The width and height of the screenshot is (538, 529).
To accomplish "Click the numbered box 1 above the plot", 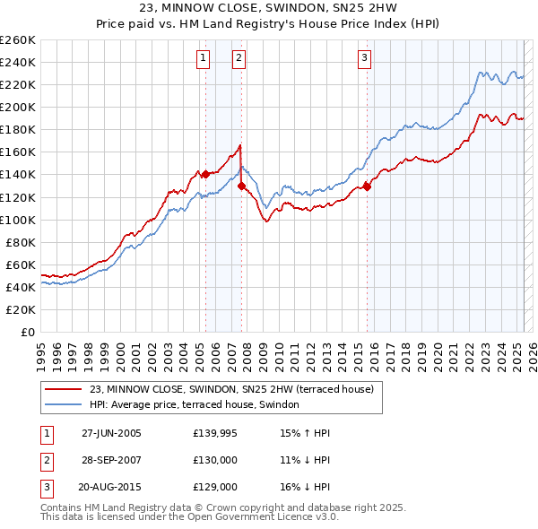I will pyautogui.click(x=204, y=59).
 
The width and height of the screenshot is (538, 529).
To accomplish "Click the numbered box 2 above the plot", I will pyautogui.click(x=239, y=59).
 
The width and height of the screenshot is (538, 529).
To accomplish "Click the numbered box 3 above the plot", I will pyautogui.click(x=365, y=59).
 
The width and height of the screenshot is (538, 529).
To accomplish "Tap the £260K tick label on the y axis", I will pyautogui.click(x=18, y=39).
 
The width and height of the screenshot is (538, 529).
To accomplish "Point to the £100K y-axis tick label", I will pyautogui.click(x=18, y=220).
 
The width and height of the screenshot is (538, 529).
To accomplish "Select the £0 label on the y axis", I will pyautogui.click(x=28, y=333).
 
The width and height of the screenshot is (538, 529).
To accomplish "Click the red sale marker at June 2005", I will pyautogui.click(x=205, y=174).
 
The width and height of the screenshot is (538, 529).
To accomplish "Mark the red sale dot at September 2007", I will pyautogui.click(x=241, y=186).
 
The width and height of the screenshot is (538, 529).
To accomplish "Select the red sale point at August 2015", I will pyautogui.click(x=367, y=186).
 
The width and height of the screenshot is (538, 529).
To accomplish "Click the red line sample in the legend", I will pyautogui.click(x=65, y=389).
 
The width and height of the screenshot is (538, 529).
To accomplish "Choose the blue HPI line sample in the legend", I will pyautogui.click(x=65, y=404).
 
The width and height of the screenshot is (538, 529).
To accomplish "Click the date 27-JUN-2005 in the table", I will pyautogui.click(x=111, y=433).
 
